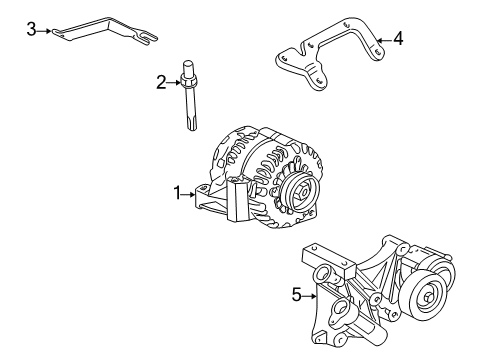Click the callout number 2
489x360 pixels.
pyautogui.click(x=160, y=83)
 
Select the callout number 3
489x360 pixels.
pyautogui.click(x=32, y=30)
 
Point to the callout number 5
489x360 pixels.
pyautogui.click(x=296, y=294)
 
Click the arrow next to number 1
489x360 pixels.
pyautogui.click(x=191, y=193)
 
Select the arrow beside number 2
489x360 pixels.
pyautogui.click(x=171, y=83)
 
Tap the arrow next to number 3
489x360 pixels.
pyautogui.click(x=44, y=30)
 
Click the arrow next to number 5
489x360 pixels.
pyautogui.click(x=308, y=294)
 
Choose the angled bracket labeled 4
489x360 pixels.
pyautogui.click(x=330, y=55)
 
